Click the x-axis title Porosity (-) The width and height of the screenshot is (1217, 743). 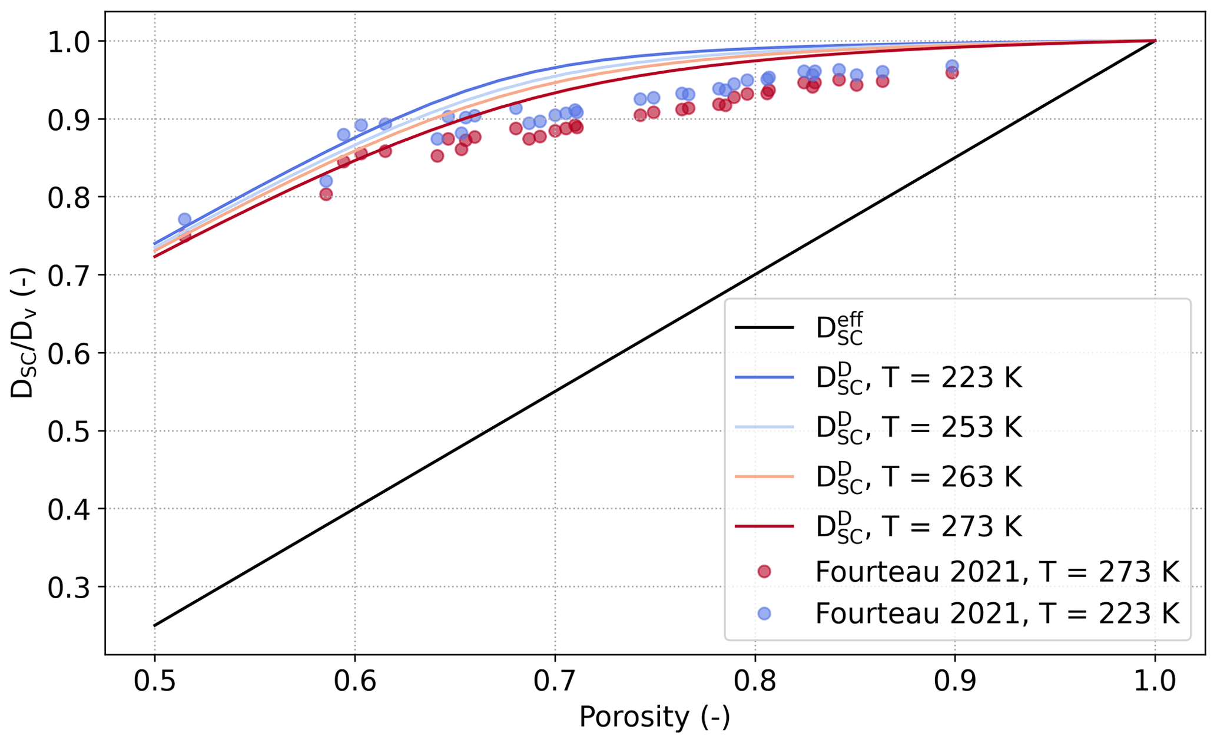(654, 717)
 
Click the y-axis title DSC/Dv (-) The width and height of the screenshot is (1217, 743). (24, 333)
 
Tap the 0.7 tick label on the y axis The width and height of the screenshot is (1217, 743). (70, 276)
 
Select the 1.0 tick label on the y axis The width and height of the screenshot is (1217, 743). (70, 42)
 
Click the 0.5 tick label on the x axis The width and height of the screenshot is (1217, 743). (154, 681)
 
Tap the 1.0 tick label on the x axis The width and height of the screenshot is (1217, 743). (1155, 681)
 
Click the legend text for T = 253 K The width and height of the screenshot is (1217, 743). (918, 427)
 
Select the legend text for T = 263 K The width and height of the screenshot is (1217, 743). (918, 476)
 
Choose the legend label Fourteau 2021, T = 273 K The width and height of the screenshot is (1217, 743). (997, 572)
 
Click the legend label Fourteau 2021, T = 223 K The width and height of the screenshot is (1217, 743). (997, 614)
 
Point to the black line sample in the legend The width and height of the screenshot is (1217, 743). (764, 327)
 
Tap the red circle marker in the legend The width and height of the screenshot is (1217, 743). (764, 571)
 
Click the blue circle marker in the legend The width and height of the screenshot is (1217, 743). (764, 613)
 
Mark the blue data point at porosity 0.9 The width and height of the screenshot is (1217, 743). (952, 66)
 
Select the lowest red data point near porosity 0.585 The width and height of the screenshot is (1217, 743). (326, 194)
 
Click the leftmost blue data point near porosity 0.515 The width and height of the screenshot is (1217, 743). (184, 219)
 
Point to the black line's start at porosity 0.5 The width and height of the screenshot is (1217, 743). (155, 625)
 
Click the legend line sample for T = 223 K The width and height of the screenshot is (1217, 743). (764, 377)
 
